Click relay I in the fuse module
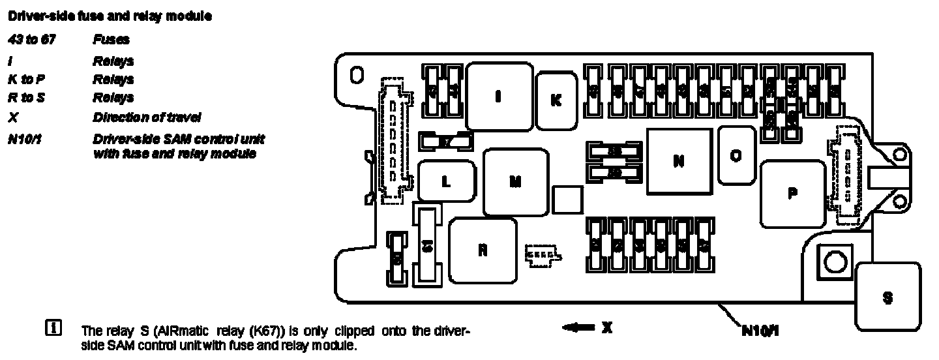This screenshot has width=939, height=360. pyautogui.click(x=498, y=97)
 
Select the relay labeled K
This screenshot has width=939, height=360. pyautogui.click(x=556, y=100)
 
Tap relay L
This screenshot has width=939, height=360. pyautogui.click(x=446, y=182)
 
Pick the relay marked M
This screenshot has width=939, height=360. pyautogui.click(x=515, y=182)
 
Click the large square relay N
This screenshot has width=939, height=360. pyautogui.click(x=679, y=160)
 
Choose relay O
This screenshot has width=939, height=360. pyautogui.click(x=736, y=155)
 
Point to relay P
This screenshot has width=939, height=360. pyautogui.click(x=792, y=193)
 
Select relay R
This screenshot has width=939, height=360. pyautogui.click(x=483, y=250)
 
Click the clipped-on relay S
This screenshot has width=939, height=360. pyautogui.click(x=887, y=297)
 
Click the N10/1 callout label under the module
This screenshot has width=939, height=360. pyautogui.click(x=760, y=330)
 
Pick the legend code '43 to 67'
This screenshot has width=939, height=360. pyautogui.click(x=31, y=39)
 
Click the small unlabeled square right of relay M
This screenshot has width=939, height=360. pyautogui.click(x=567, y=198)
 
